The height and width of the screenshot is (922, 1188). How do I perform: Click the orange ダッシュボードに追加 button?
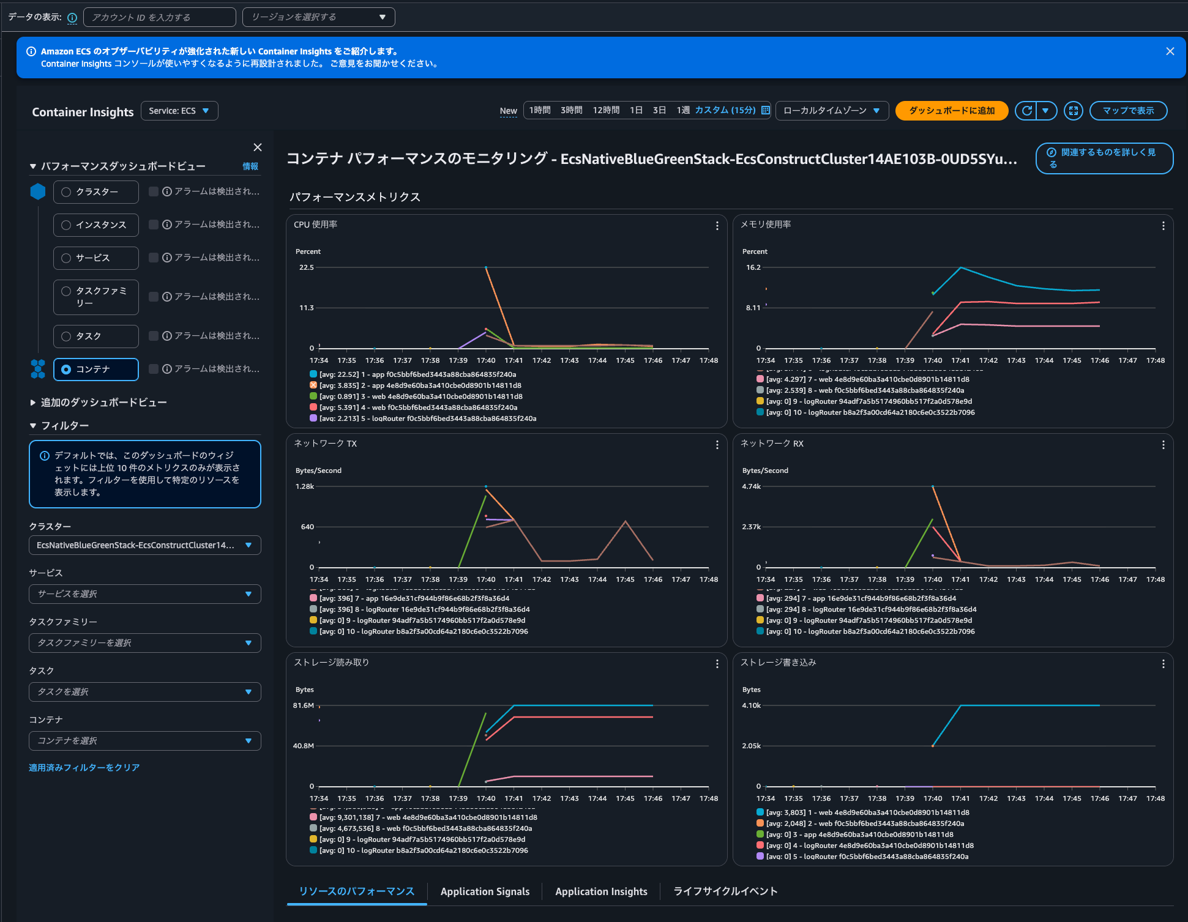pyautogui.click(x=951, y=111)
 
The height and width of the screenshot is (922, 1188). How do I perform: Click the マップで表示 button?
pyautogui.click(x=1128, y=111)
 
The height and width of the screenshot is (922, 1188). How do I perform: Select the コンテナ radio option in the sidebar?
pyautogui.click(x=66, y=370)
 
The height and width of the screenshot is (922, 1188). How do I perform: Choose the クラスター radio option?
pyautogui.click(x=66, y=192)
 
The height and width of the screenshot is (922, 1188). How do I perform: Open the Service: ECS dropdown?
pyautogui.click(x=179, y=111)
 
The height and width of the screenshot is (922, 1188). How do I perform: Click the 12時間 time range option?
pyautogui.click(x=605, y=110)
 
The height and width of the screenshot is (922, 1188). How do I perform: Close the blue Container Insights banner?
pyautogui.click(x=1170, y=51)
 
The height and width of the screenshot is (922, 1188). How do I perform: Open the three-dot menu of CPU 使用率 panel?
pyautogui.click(x=717, y=226)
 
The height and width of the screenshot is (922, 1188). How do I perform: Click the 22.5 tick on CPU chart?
pyautogui.click(x=306, y=267)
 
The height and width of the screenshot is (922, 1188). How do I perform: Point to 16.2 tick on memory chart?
pyautogui.click(x=753, y=267)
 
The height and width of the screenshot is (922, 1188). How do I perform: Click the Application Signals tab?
pyautogui.click(x=485, y=891)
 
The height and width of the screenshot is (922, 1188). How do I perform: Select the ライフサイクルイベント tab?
pyautogui.click(x=725, y=891)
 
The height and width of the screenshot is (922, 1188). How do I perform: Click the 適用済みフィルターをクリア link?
pyautogui.click(x=84, y=767)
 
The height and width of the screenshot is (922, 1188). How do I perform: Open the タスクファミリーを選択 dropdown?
pyautogui.click(x=144, y=643)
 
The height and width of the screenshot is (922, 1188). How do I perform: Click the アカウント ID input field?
pyautogui.click(x=159, y=17)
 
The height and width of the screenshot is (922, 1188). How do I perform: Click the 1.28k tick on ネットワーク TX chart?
pyautogui.click(x=304, y=486)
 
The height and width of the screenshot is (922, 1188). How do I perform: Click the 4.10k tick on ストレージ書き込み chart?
pyautogui.click(x=751, y=705)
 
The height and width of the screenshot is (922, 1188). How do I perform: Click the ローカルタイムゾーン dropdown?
pyautogui.click(x=831, y=111)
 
